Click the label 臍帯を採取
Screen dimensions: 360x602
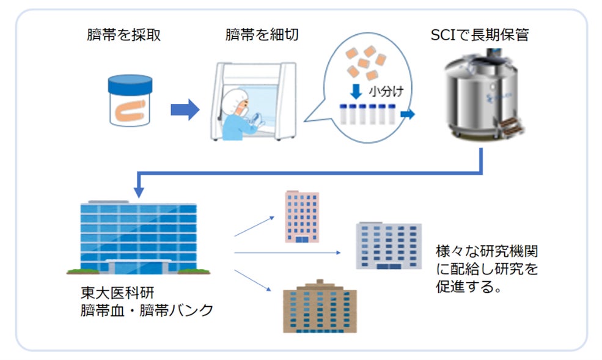(x=124, y=35)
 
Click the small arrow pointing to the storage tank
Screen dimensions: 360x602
(x=408, y=114)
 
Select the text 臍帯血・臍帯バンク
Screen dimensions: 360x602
(x=147, y=310)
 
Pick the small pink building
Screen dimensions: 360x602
(x=302, y=217)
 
